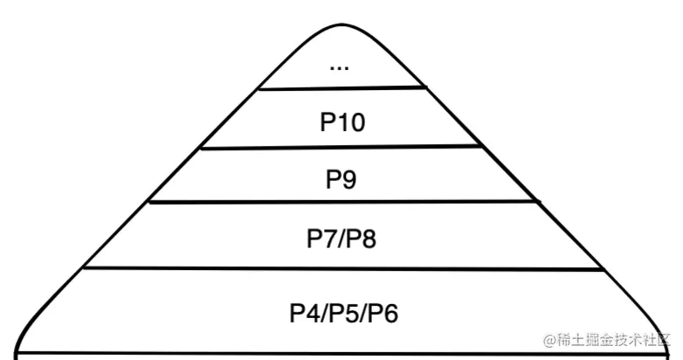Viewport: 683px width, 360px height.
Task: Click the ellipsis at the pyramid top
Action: pos(341,66)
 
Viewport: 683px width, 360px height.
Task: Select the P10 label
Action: pos(341,121)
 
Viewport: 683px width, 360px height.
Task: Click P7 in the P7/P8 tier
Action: pos(321,238)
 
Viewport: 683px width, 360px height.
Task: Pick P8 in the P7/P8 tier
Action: pos(362,238)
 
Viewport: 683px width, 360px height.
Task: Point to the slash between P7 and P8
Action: pos(341,238)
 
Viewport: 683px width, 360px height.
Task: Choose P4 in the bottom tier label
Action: pos(304,312)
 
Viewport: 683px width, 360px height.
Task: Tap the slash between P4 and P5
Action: pos(324,312)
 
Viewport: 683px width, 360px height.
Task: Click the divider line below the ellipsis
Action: pos(341,88)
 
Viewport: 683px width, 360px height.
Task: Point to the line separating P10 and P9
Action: pos(341,147)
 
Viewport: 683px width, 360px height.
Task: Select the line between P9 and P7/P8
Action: pos(341,202)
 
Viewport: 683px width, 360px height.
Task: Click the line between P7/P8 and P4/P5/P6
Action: pos(341,269)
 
